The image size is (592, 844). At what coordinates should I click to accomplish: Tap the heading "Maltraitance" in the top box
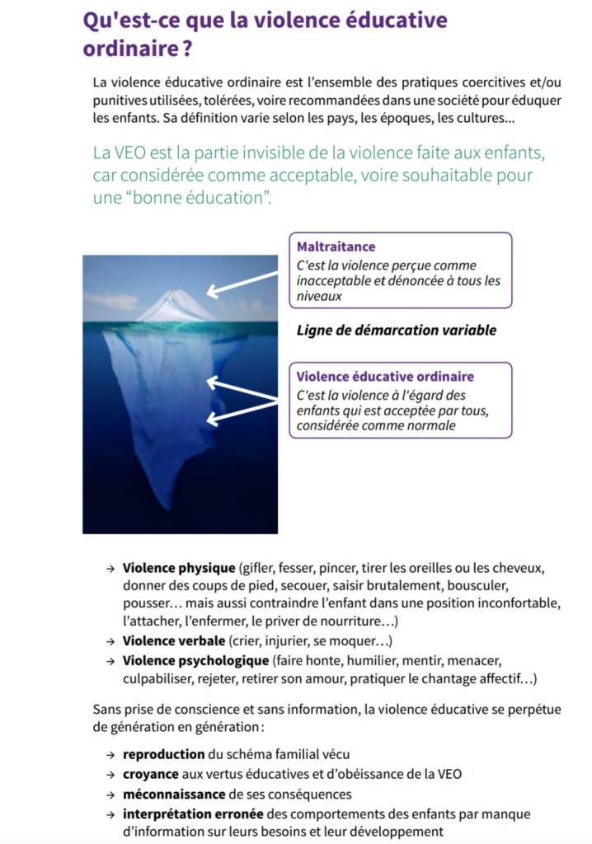click(x=336, y=246)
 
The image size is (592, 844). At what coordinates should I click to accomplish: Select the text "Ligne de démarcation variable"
click(x=396, y=330)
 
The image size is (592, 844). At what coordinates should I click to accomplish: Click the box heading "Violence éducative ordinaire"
click(x=385, y=377)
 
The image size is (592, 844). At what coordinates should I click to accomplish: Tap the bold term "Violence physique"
click(x=178, y=569)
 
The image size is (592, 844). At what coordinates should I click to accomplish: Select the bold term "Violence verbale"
click(x=173, y=640)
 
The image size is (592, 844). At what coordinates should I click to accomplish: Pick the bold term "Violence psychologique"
click(x=195, y=660)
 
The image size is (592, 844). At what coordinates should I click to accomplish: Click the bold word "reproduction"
click(x=163, y=753)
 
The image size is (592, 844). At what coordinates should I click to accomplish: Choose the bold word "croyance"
click(x=152, y=774)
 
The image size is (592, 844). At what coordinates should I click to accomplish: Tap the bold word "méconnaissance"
click(x=173, y=794)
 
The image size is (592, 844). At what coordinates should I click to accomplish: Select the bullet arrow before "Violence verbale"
click(x=110, y=641)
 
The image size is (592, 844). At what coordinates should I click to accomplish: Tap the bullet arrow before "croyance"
click(x=110, y=775)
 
